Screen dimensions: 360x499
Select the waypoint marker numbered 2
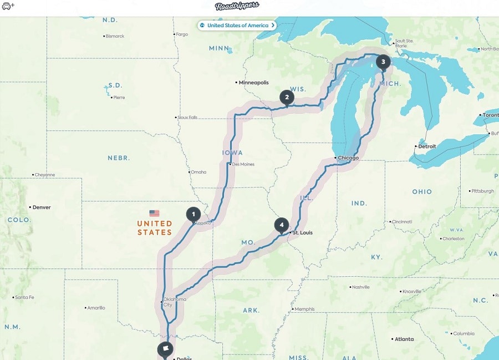[287, 98]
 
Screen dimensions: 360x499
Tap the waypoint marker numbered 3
[383, 62]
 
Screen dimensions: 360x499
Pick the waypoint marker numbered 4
[282, 225]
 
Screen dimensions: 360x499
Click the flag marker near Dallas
[165, 349]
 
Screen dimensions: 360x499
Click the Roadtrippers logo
[237, 7]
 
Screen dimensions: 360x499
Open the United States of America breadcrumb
[238, 26]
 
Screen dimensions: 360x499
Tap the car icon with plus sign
[8, 6]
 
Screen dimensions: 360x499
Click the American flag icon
[154, 213]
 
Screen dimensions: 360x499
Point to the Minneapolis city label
[253, 83]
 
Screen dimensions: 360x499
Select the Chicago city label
[348, 158]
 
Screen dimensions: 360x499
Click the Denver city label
[42, 207]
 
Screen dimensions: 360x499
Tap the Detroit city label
[427, 146]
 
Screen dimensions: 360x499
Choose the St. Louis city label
[302, 233]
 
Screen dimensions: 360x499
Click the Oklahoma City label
[175, 302]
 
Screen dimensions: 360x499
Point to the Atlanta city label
[404, 339]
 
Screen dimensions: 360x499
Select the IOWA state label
[232, 153]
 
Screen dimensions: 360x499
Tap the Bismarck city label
[115, 37]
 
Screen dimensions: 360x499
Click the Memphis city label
[304, 309]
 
